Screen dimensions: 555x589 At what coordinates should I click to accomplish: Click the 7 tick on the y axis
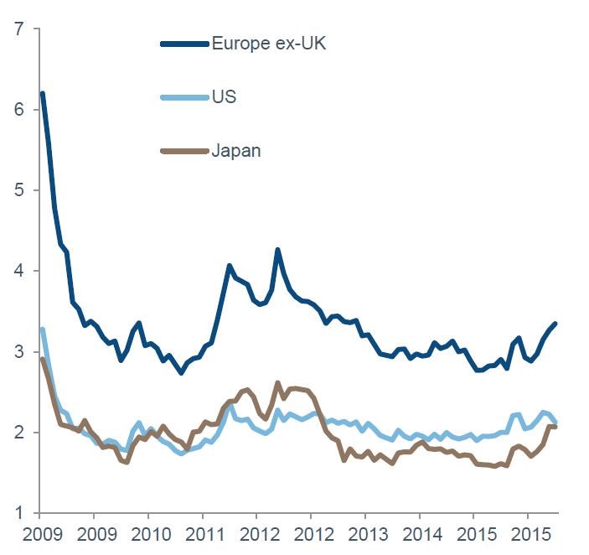pos(18,29)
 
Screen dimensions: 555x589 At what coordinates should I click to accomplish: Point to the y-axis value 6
pos(18,110)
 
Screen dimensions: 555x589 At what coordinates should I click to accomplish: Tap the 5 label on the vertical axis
pos(18,190)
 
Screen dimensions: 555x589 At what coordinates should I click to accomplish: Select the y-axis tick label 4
pos(18,271)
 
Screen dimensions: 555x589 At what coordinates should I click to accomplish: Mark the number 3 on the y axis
pos(18,352)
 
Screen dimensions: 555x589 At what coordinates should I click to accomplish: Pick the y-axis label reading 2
pos(18,433)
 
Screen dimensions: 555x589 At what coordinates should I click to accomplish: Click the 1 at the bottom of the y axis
pos(18,513)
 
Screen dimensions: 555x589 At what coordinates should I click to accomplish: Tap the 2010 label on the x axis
pos(147,534)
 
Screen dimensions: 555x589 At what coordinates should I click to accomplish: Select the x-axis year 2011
pos(202,534)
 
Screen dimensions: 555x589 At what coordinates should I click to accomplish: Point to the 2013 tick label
pos(364,534)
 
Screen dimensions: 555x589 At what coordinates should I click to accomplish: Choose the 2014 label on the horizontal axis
pos(419,534)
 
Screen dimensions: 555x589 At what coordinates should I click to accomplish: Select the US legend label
pos(224,97)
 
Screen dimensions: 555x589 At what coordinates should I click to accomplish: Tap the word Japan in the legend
pos(236,151)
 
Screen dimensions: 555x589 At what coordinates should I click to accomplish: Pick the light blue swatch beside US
pos(184,97)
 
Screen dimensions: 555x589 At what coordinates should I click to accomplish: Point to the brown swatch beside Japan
pos(184,151)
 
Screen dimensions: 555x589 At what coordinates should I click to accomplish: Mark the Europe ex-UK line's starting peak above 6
pos(42,93)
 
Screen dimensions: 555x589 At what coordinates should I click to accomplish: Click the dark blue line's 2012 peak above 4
pos(277,250)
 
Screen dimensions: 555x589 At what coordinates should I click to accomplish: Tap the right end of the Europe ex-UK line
pos(555,324)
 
